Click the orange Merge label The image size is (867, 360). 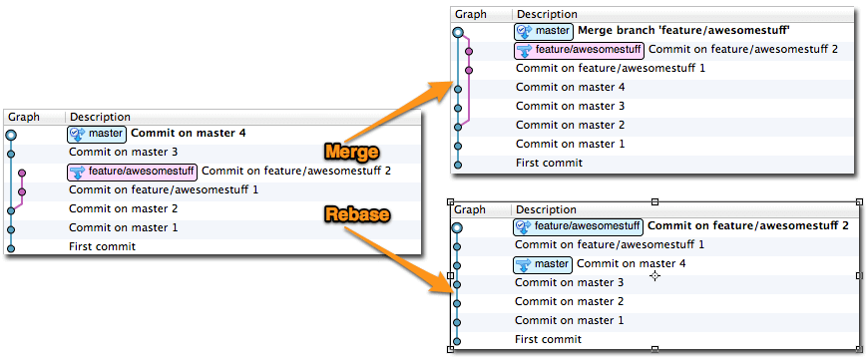click(x=351, y=152)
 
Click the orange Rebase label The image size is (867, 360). click(x=356, y=214)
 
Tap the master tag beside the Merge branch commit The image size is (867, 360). click(x=543, y=31)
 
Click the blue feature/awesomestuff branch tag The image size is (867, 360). click(x=578, y=226)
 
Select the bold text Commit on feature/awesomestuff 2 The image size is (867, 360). click(x=754, y=226)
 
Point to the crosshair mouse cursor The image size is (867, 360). click(x=654, y=275)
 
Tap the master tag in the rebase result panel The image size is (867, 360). click(x=543, y=264)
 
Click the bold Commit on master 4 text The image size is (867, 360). click(x=188, y=133)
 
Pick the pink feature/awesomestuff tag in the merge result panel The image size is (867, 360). click(x=578, y=50)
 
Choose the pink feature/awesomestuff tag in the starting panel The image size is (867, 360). click(x=132, y=172)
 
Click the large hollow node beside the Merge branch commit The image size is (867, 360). click(x=458, y=32)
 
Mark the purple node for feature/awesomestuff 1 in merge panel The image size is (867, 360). click(x=468, y=69)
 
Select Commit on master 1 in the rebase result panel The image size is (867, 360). click(x=569, y=321)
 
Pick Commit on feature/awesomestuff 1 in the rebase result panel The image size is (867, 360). click(x=610, y=245)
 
